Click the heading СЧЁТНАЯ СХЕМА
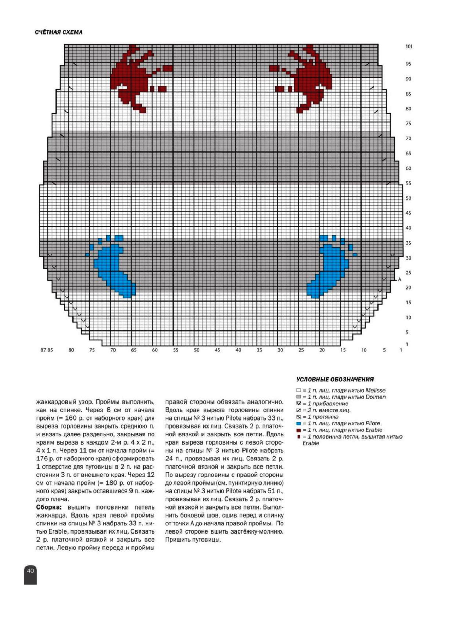pyautogui.click(x=59, y=32)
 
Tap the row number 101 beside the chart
pyautogui.click(x=409, y=47)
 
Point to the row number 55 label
pyautogui.click(x=408, y=183)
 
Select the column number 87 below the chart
pyautogui.click(x=43, y=350)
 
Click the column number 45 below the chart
pyautogui.click(x=217, y=350)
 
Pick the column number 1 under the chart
pyautogui.click(x=401, y=350)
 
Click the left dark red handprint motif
pyautogui.click(x=132, y=76)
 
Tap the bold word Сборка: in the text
pyautogui.click(x=48, y=507)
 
